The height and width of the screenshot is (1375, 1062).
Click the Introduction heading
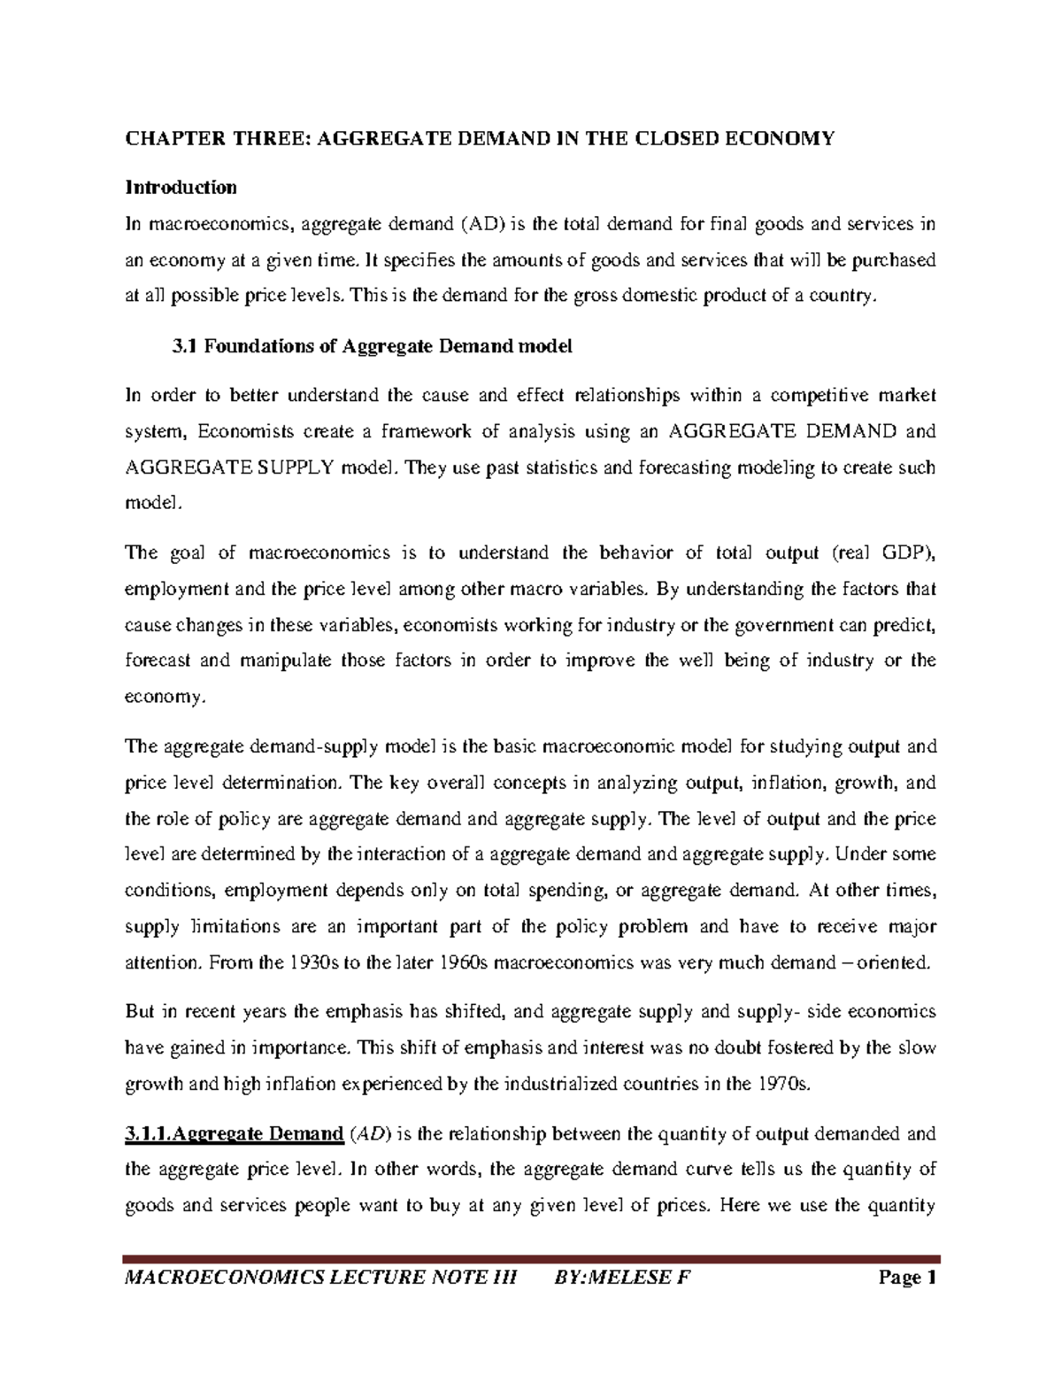point(181,188)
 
